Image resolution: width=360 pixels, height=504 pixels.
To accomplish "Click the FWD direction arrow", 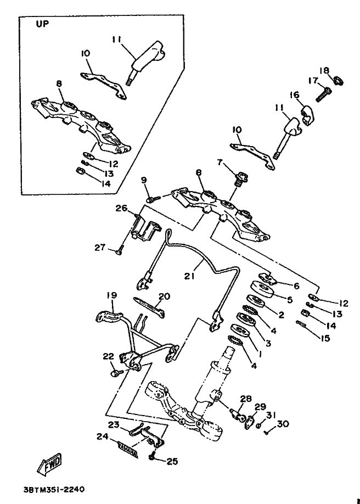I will (49, 463).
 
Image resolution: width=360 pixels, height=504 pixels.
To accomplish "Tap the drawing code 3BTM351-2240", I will (54, 489).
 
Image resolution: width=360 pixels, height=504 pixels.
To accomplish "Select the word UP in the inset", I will (42, 24).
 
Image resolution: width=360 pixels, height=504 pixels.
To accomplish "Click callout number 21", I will (189, 276).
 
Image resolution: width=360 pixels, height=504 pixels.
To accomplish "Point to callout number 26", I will (121, 208).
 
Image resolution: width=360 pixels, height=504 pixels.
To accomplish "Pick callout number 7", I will (220, 163).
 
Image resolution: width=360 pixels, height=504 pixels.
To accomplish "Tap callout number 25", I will (172, 462).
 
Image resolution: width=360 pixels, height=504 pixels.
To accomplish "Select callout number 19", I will (112, 295).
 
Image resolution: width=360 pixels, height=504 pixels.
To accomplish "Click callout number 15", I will (326, 338).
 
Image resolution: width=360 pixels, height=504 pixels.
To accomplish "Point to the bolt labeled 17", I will (323, 94).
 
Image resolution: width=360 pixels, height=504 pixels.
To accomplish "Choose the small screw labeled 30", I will (267, 433).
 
